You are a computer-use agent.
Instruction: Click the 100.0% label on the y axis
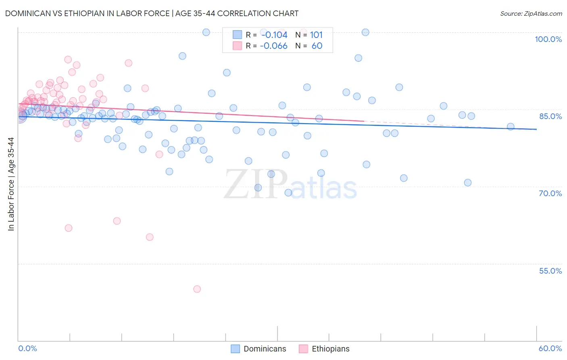pos(548,39)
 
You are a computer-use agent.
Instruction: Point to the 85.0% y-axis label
pos(550,116)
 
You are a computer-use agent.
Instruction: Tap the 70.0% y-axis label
pos(550,193)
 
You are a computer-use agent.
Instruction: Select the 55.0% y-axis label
pos(550,271)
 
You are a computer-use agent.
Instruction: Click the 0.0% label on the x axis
pos(27,348)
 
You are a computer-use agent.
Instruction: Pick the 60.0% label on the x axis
pos(550,348)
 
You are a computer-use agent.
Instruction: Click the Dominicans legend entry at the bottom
pos(265,349)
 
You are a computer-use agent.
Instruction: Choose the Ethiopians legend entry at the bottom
pos(330,349)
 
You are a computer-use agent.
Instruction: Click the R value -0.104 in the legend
pos(274,35)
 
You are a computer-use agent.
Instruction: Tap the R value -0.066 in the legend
pos(273,46)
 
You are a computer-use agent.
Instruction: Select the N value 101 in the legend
pos(316,35)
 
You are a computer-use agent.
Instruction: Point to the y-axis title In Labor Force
pos(11,184)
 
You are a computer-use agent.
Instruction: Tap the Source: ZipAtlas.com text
pos(531,13)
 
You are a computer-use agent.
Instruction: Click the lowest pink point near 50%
pos(197,289)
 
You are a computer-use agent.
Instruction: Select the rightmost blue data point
pos(511,127)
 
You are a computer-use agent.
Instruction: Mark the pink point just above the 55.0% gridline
pos(150,237)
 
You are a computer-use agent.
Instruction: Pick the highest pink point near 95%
pos(68,60)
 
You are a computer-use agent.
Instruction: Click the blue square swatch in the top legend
pos(237,35)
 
